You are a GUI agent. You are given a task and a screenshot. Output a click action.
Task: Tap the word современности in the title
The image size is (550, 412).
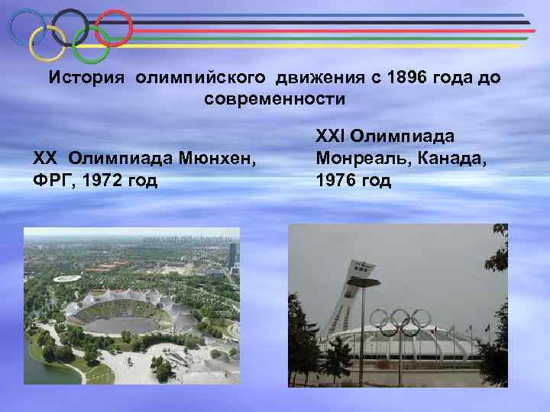click(275, 99)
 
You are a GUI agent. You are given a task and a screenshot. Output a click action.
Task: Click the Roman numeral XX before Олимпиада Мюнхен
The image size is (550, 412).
click(45, 159)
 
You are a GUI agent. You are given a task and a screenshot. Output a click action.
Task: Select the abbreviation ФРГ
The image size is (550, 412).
click(49, 181)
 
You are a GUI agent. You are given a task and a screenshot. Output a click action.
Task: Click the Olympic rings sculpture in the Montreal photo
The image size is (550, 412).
click(400, 321)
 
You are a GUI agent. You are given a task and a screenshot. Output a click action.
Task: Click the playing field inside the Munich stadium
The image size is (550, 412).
click(126, 326)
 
